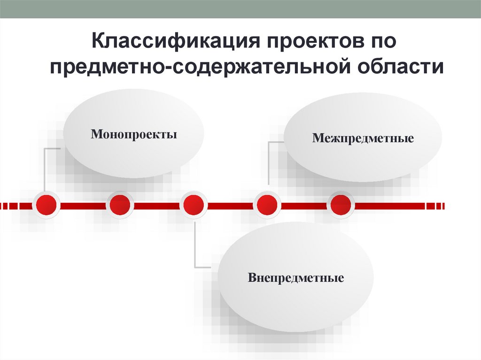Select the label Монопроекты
[x=134, y=135]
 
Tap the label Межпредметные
[x=363, y=138]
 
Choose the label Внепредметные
[x=296, y=278]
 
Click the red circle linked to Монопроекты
[x=46, y=205]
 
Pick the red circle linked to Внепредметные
[x=194, y=205]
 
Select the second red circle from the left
[x=120, y=205]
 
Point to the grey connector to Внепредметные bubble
[x=194, y=244]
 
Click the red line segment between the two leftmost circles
[x=83, y=205]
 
